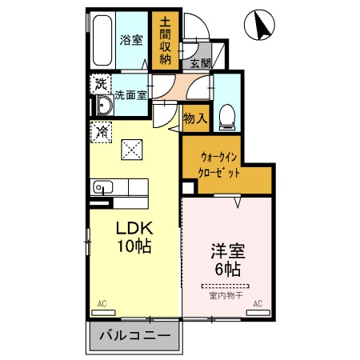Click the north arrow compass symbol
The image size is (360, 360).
tap(262, 26)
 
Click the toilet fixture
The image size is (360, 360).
tap(226, 115)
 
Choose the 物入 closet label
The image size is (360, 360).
tap(194, 118)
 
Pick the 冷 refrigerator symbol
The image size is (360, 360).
tap(102, 132)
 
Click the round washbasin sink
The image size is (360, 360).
tap(102, 106)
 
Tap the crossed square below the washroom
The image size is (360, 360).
tap(130, 150)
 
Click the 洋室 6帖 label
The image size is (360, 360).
tap(224, 258)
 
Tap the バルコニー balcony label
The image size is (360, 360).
tap(134, 337)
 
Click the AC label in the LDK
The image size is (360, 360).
tap(102, 304)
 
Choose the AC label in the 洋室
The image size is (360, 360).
tap(258, 304)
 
